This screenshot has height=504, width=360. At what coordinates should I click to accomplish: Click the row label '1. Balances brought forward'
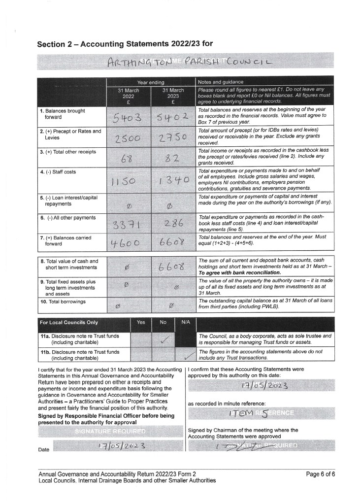62,114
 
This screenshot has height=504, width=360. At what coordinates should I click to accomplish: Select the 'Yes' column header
140,322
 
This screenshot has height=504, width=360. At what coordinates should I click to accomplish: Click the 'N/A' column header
186,322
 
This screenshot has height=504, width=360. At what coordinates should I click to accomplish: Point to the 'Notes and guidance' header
221,81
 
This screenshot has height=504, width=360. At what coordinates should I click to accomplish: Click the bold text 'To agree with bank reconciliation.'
240,272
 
